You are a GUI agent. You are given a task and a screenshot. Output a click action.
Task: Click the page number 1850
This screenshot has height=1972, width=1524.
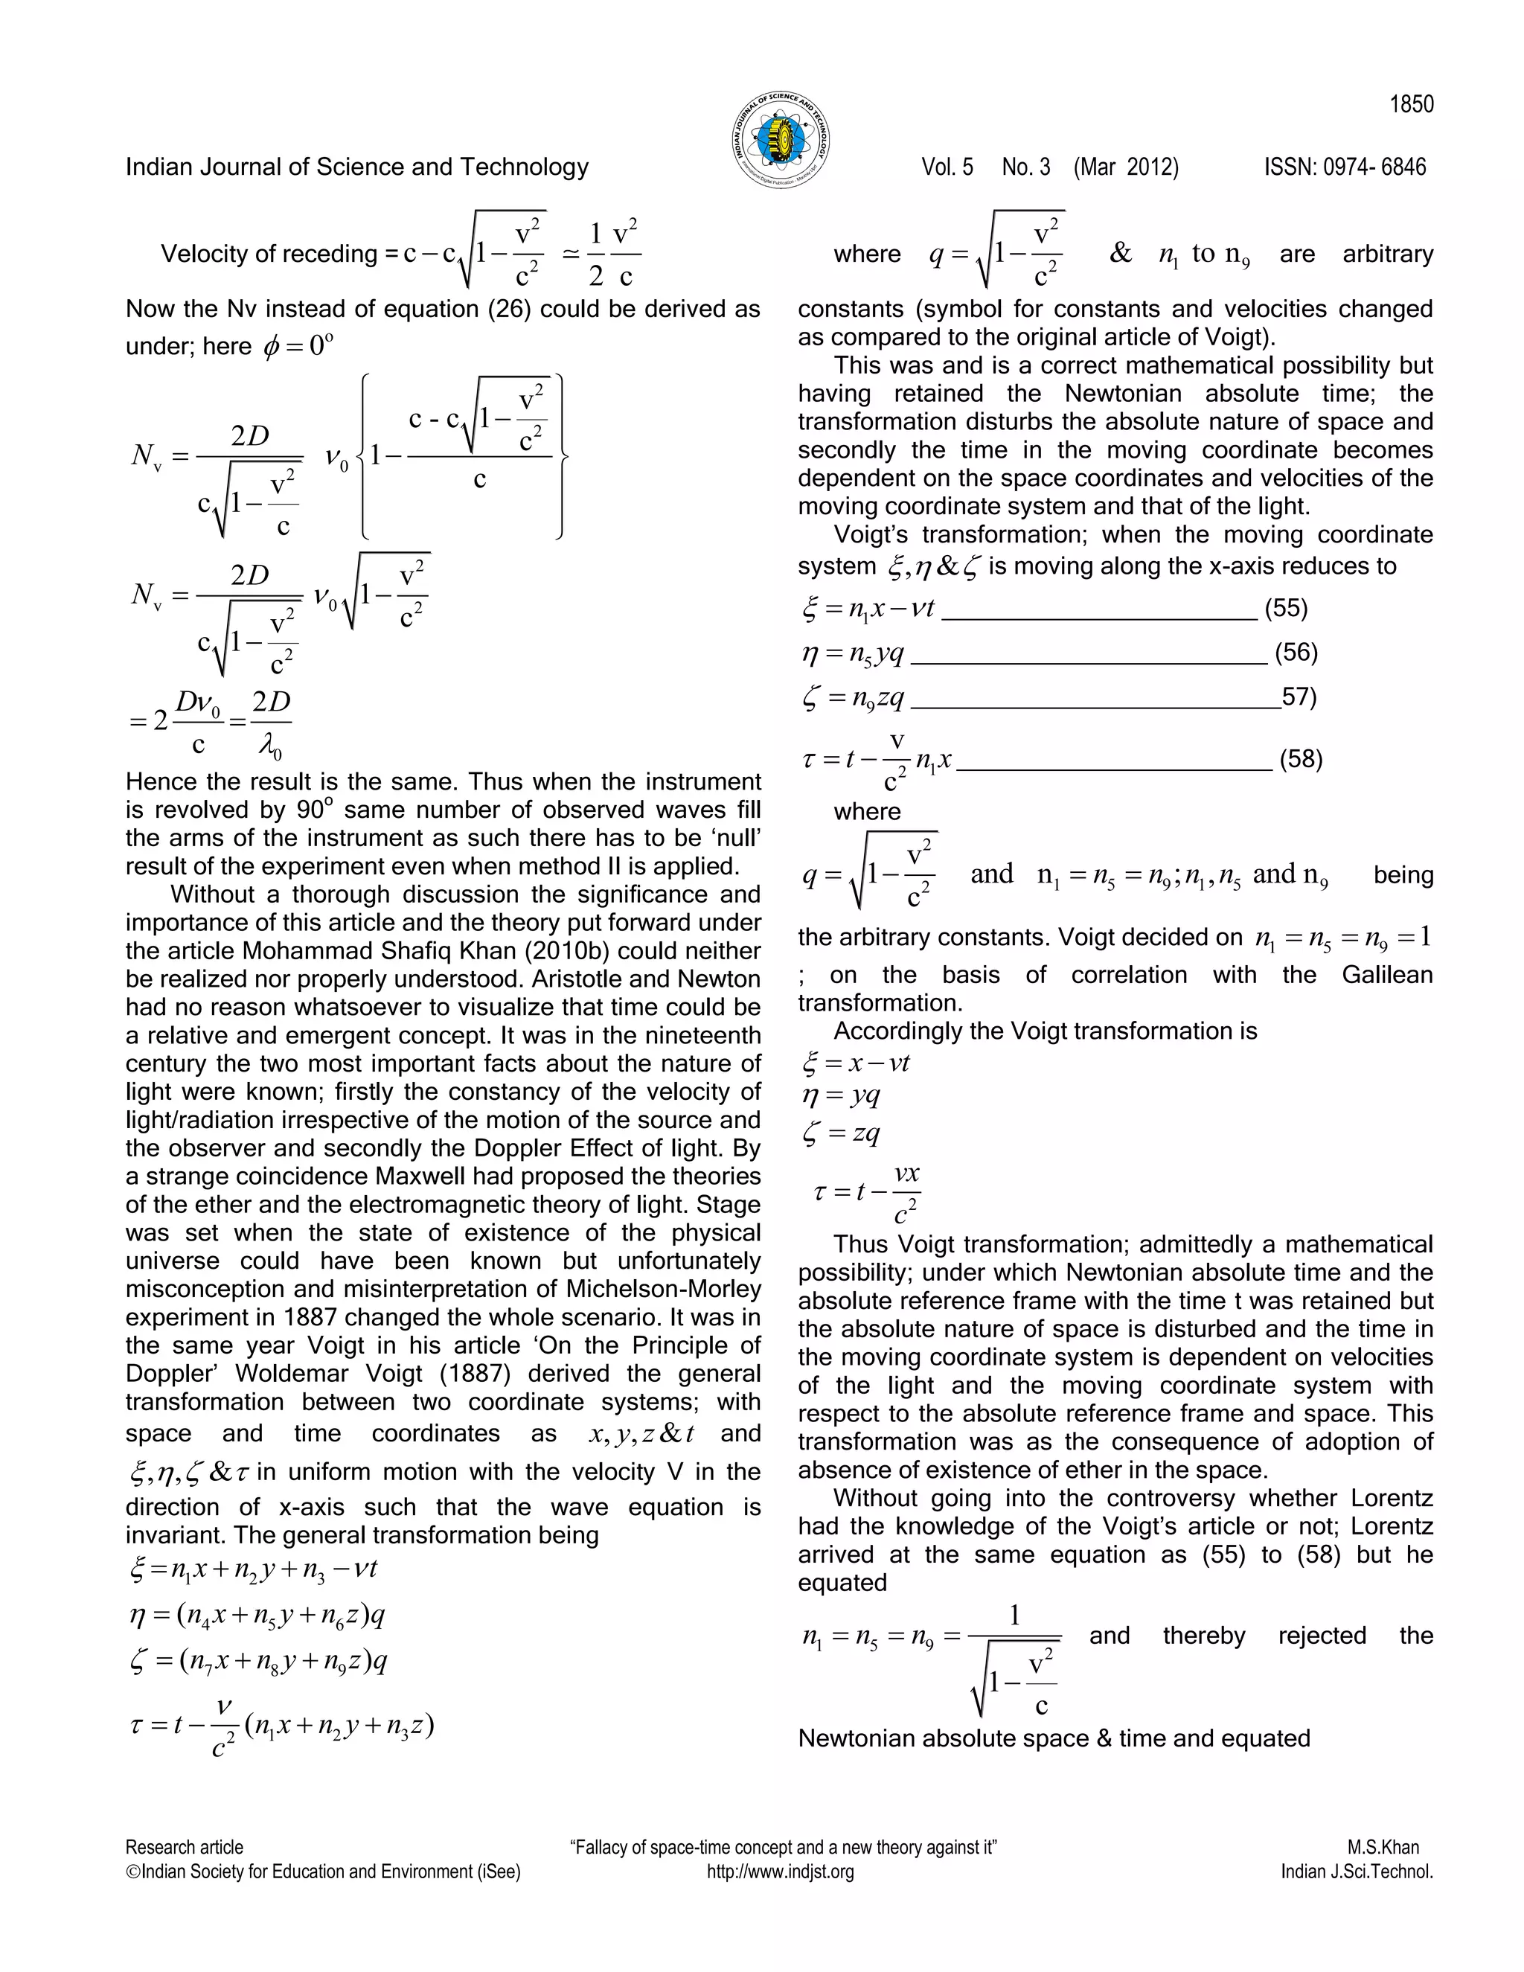(x=1411, y=105)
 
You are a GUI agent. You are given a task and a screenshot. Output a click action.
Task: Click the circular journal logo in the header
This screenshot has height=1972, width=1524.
(x=780, y=140)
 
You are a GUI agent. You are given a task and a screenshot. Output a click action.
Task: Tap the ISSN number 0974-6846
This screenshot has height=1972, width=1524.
(x=1345, y=167)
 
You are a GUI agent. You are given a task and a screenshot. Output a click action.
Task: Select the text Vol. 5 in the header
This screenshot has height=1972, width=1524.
(x=947, y=167)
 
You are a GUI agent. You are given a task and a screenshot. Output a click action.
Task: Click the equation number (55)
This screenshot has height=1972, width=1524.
(x=1286, y=608)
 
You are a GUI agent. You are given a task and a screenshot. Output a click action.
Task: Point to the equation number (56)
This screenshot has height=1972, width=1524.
(x=1296, y=652)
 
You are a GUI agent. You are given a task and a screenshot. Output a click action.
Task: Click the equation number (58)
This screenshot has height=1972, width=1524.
(x=1300, y=758)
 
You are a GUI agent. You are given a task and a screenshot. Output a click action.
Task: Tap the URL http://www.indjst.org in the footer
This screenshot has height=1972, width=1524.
(x=780, y=1872)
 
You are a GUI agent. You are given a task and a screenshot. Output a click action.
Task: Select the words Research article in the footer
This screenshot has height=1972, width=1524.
(x=185, y=1848)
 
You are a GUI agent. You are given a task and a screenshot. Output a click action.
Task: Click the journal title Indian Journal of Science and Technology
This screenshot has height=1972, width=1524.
(x=356, y=167)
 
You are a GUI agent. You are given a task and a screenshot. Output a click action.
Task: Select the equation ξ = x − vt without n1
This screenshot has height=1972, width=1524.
(x=856, y=1063)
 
